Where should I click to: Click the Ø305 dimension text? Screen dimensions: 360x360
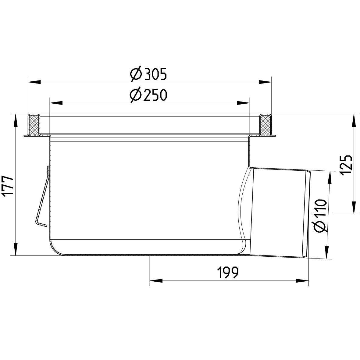pyautogui.click(x=148, y=74)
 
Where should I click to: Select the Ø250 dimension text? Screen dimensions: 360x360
pyautogui.click(x=148, y=95)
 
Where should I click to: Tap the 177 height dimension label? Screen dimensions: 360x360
pyautogui.click(x=9, y=186)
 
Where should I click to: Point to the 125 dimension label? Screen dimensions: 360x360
pyautogui.click(x=346, y=166)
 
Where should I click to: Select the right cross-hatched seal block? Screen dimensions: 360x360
pyautogui.click(x=265, y=125)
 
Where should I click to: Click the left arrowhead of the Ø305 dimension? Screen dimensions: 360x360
pyautogui.click(x=34, y=81)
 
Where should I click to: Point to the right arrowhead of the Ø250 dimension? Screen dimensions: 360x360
pyautogui.click(x=244, y=103)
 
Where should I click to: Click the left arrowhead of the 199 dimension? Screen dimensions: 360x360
pyautogui.click(x=156, y=281)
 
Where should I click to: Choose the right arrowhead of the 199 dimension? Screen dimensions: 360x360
pyautogui.click(x=302, y=281)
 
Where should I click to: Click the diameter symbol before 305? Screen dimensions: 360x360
pyautogui.click(x=135, y=74)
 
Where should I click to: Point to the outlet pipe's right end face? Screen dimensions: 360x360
pyautogui.click(x=307, y=215)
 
